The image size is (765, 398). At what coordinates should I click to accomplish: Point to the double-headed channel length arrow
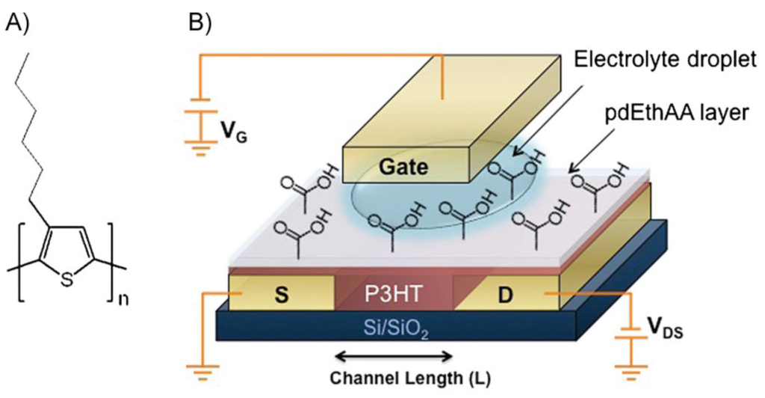click(x=394, y=355)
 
